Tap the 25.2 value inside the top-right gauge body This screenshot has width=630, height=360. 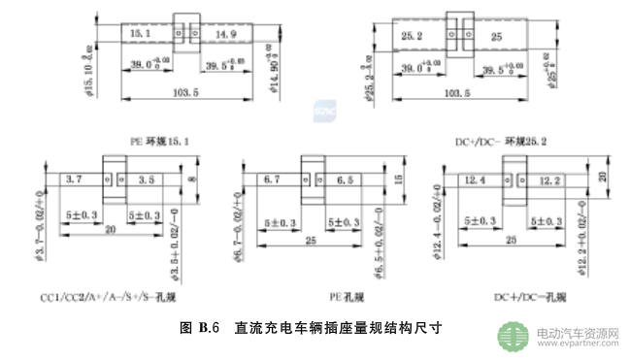pos(411,36)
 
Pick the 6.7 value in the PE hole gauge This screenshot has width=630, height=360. pos(271,180)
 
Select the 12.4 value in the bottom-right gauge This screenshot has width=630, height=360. pos(476,180)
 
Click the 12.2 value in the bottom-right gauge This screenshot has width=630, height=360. pos(549,180)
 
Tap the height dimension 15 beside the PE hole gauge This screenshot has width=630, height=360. pos(397,180)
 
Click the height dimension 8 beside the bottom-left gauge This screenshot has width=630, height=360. pos(191,180)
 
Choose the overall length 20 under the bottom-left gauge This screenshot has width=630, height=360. pos(112,230)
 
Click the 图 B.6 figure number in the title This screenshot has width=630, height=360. pos(202,327)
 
